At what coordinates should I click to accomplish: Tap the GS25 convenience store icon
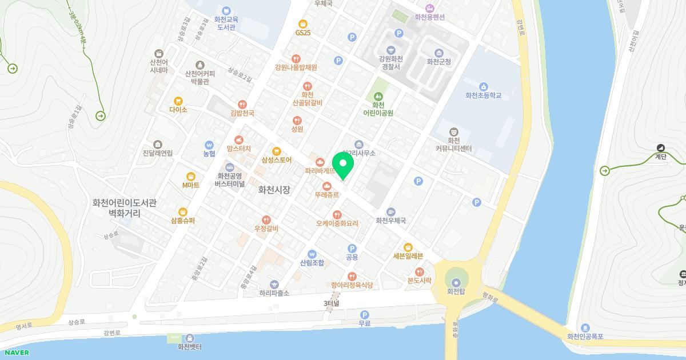point(302,24)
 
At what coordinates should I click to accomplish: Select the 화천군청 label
point(438,62)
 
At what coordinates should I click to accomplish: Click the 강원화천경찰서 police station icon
point(391,50)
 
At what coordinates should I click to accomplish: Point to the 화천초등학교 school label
point(483,95)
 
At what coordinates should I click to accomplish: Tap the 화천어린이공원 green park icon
point(378,97)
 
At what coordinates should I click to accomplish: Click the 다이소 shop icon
point(178,101)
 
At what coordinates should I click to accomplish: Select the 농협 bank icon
point(209,145)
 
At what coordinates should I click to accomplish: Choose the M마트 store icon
point(191,177)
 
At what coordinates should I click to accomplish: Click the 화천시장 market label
point(274,189)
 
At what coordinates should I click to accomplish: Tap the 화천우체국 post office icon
point(391,212)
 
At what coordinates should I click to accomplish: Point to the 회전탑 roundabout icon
point(456,282)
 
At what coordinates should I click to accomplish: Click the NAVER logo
point(17,353)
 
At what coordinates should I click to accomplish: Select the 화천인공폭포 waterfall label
point(585,337)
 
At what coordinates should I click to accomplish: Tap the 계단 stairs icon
point(661,148)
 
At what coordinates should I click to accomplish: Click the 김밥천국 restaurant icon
point(242,105)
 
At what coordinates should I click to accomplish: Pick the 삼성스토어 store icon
point(277,151)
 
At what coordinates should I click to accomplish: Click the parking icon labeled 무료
point(365,315)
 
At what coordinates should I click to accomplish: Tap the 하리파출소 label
point(274,293)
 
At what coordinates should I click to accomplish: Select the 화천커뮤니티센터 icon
point(454,132)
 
